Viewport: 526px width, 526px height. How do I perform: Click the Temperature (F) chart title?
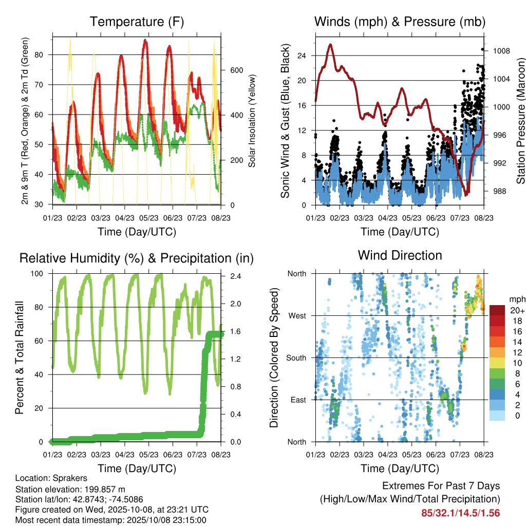pyautogui.click(x=137, y=22)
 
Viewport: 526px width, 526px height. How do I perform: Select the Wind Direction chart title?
pyautogui.click(x=400, y=255)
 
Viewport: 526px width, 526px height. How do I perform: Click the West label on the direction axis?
pyautogui.click(x=297, y=315)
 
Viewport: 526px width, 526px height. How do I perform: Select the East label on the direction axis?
pyautogui.click(x=298, y=400)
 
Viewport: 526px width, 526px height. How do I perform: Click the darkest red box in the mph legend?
pyautogui.click(x=497, y=310)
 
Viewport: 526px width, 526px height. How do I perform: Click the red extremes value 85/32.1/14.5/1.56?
pyautogui.click(x=460, y=513)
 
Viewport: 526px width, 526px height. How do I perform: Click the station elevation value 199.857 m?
pyautogui.click(x=103, y=489)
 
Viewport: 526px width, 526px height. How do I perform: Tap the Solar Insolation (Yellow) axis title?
pyautogui.click(x=252, y=121)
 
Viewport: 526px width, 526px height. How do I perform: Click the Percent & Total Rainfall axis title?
pyautogui.click(x=19, y=358)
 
